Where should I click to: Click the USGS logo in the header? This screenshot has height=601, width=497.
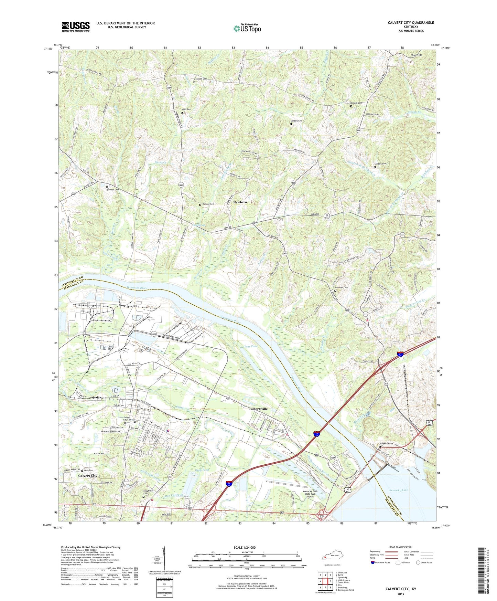(x=76, y=26)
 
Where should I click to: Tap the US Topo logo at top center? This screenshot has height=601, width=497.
(x=247, y=28)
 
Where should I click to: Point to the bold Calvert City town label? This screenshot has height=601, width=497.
(x=88, y=475)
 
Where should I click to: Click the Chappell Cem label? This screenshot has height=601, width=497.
(x=201, y=79)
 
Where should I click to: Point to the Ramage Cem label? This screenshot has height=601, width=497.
(x=208, y=204)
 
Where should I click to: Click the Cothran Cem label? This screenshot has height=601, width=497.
(x=112, y=190)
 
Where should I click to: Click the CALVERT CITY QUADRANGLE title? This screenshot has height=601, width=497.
(x=411, y=23)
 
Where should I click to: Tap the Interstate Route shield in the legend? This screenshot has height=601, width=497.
(x=373, y=562)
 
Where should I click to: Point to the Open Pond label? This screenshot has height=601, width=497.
(x=202, y=470)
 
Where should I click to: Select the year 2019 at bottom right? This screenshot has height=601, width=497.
(x=401, y=594)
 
